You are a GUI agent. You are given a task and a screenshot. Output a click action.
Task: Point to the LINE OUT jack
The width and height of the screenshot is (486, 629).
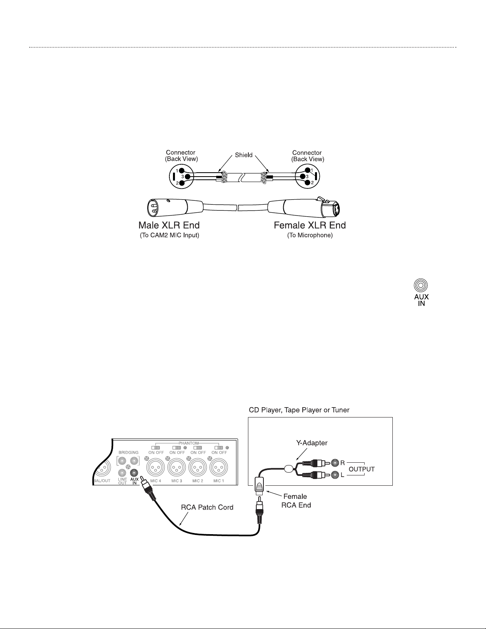tap(123, 473)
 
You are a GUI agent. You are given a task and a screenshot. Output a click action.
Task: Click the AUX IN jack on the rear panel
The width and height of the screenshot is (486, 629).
tap(134, 473)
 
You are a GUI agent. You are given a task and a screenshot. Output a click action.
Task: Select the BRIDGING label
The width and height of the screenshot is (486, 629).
tap(129, 452)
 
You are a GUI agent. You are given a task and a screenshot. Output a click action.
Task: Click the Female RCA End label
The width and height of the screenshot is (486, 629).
tap(295, 501)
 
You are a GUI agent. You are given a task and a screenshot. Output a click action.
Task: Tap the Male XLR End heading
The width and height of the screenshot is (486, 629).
tap(169, 225)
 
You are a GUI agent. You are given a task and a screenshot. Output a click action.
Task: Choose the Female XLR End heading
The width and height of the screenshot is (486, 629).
tap(310, 225)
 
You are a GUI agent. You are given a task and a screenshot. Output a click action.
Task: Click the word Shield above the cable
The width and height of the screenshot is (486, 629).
tap(244, 155)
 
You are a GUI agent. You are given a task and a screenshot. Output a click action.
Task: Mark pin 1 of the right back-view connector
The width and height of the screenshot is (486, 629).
tap(307, 171)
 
